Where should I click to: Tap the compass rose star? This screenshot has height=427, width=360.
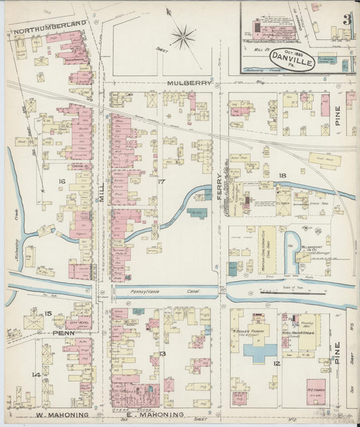coord(182,36)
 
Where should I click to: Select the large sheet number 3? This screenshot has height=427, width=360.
coord(346,18)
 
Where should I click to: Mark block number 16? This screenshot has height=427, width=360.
coord(61,181)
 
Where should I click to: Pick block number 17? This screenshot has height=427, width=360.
coord(161,181)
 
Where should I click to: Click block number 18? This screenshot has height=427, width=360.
coord(282,176)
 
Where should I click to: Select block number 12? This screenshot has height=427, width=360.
coord(276,363)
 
